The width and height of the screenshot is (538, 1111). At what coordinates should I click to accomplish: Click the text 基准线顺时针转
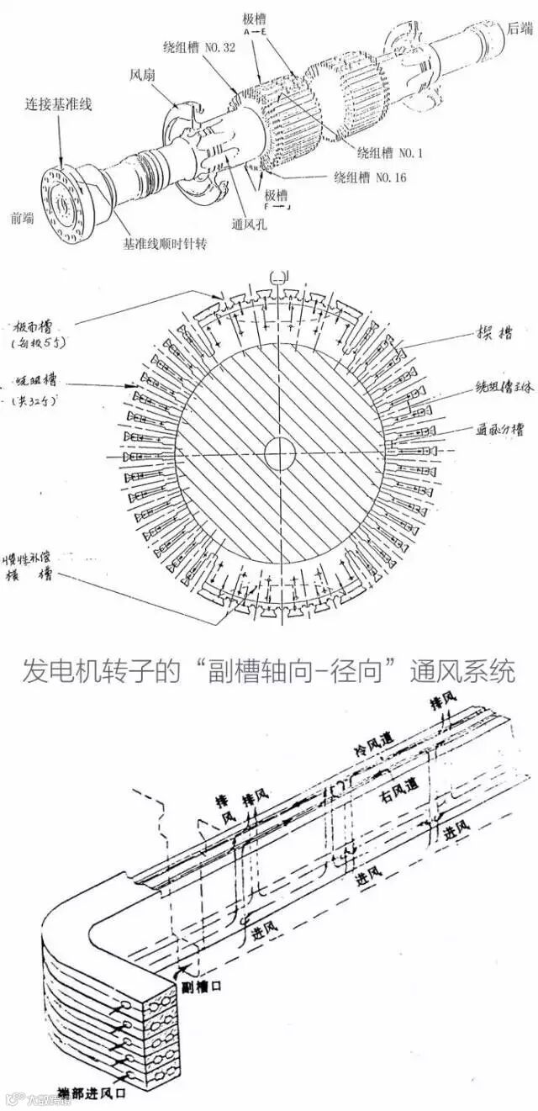(x=165, y=244)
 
